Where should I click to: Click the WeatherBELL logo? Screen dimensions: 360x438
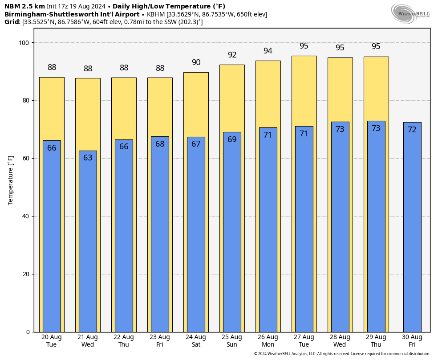pyautogui.click(x=410, y=13)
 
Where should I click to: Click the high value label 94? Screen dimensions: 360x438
pyautogui.click(x=268, y=51)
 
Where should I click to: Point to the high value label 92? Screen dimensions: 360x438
pyautogui.click(x=232, y=55)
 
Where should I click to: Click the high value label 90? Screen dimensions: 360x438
pyautogui.click(x=196, y=62)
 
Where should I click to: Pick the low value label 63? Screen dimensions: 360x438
pyautogui.click(x=88, y=157)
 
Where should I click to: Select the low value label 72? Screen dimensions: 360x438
pyautogui.click(x=412, y=130)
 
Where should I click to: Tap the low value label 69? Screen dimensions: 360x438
pyautogui.click(x=232, y=139)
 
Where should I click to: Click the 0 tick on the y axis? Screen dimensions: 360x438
pyautogui.click(x=27, y=332)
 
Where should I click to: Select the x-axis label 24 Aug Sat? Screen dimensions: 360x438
pyautogui.click(x=196, y=340)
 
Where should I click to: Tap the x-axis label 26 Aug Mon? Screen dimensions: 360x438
pyautogui.click(x=268, y=340)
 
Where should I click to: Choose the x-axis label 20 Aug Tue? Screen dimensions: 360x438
pyautogui.click(x=52, y=340)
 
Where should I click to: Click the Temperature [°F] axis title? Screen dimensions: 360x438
pyautogui.click(x=11, y=180)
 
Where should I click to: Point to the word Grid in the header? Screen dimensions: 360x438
pyautogui.click(x=12, y=22)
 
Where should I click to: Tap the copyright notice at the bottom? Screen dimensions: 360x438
pyautogui.click(x=342, y=354)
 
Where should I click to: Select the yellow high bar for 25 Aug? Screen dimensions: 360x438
pyautogui.click(x=232, y=98)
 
